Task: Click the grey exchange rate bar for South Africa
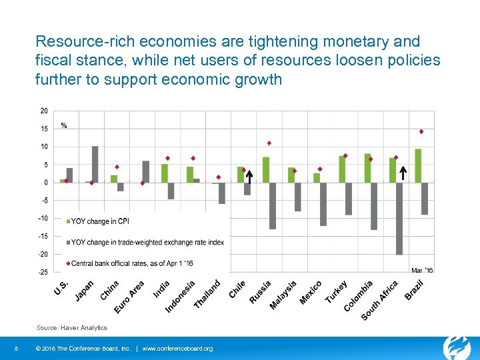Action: [399, 218]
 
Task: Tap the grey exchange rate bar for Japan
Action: [95, 164]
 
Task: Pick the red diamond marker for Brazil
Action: [421, 131]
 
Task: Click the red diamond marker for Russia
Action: [269, 143]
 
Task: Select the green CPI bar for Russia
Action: [266, 169]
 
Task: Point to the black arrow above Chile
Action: [249, 177]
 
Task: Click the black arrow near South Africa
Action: [403, 173]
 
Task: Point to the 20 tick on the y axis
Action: [43, 111]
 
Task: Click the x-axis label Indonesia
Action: [180, 295]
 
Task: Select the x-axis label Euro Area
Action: [129, 297]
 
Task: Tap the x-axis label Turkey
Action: [336, 291]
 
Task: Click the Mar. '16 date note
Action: [422, 270]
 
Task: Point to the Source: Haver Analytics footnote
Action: [71, 328]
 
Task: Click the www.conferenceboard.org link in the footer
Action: [177, 349]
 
